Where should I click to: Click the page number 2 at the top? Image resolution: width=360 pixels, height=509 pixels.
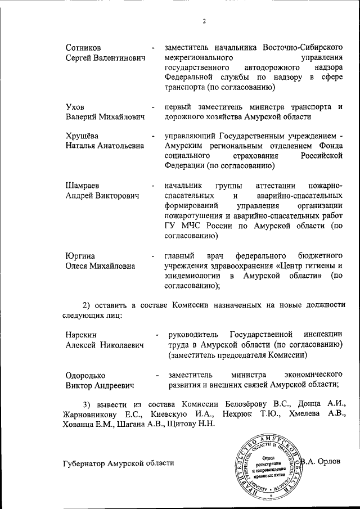tap(205, 22)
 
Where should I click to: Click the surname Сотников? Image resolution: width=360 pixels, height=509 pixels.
tap(84, 47)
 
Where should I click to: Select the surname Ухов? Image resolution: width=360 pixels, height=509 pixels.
tap(76, 106)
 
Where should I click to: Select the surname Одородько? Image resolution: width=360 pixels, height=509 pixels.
tap(85, 375)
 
